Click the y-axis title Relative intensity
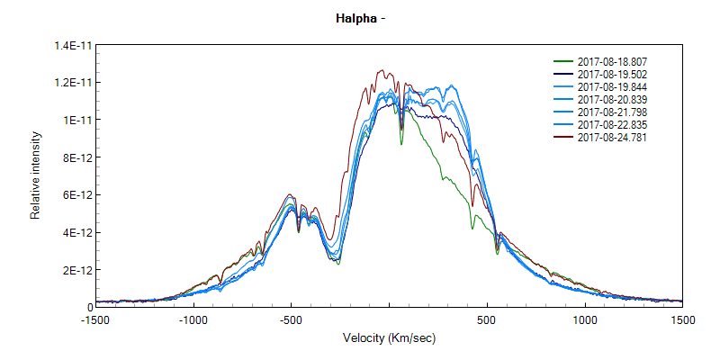(x=36, y=175)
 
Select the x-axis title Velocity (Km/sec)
(x=389, y=337)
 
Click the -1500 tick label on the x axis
(x=96, y=319)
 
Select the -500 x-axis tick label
(x=291, y=319)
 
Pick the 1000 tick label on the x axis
(x=585, y=319)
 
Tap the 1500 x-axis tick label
(x=681, y=319)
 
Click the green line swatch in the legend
(x=562, y=61)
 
